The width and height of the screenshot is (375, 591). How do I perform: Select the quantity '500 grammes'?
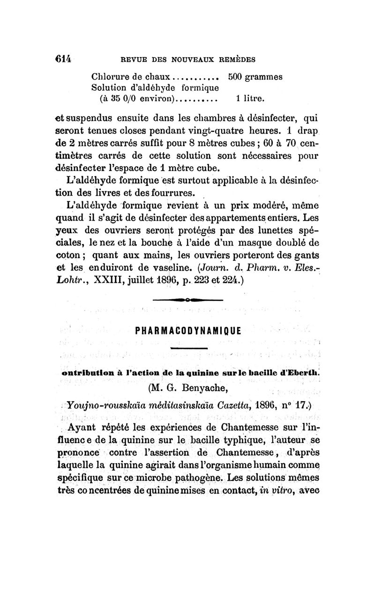255,78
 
